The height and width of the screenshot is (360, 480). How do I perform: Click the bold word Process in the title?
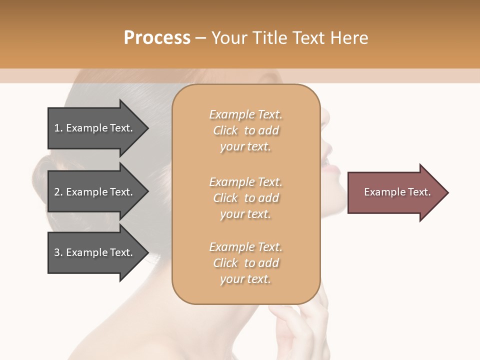(x=157, y=38)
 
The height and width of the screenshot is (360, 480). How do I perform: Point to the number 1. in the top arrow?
(x=58, y=128)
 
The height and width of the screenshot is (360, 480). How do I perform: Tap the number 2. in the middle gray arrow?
(x=58, y=192)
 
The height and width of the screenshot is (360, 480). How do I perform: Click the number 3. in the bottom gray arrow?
(x=58, y=252)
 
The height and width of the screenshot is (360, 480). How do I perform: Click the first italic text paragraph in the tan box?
(x=245, y=130)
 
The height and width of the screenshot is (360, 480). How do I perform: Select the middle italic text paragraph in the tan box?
(x=245, y=198)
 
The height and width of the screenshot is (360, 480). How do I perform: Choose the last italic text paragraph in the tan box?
(x=245, y=263)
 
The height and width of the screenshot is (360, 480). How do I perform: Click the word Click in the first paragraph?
(x=225, y=130)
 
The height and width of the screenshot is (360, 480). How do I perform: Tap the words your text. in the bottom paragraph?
(x=245, y=279)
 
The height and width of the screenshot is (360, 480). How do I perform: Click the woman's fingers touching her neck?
(x=300, y=320)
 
